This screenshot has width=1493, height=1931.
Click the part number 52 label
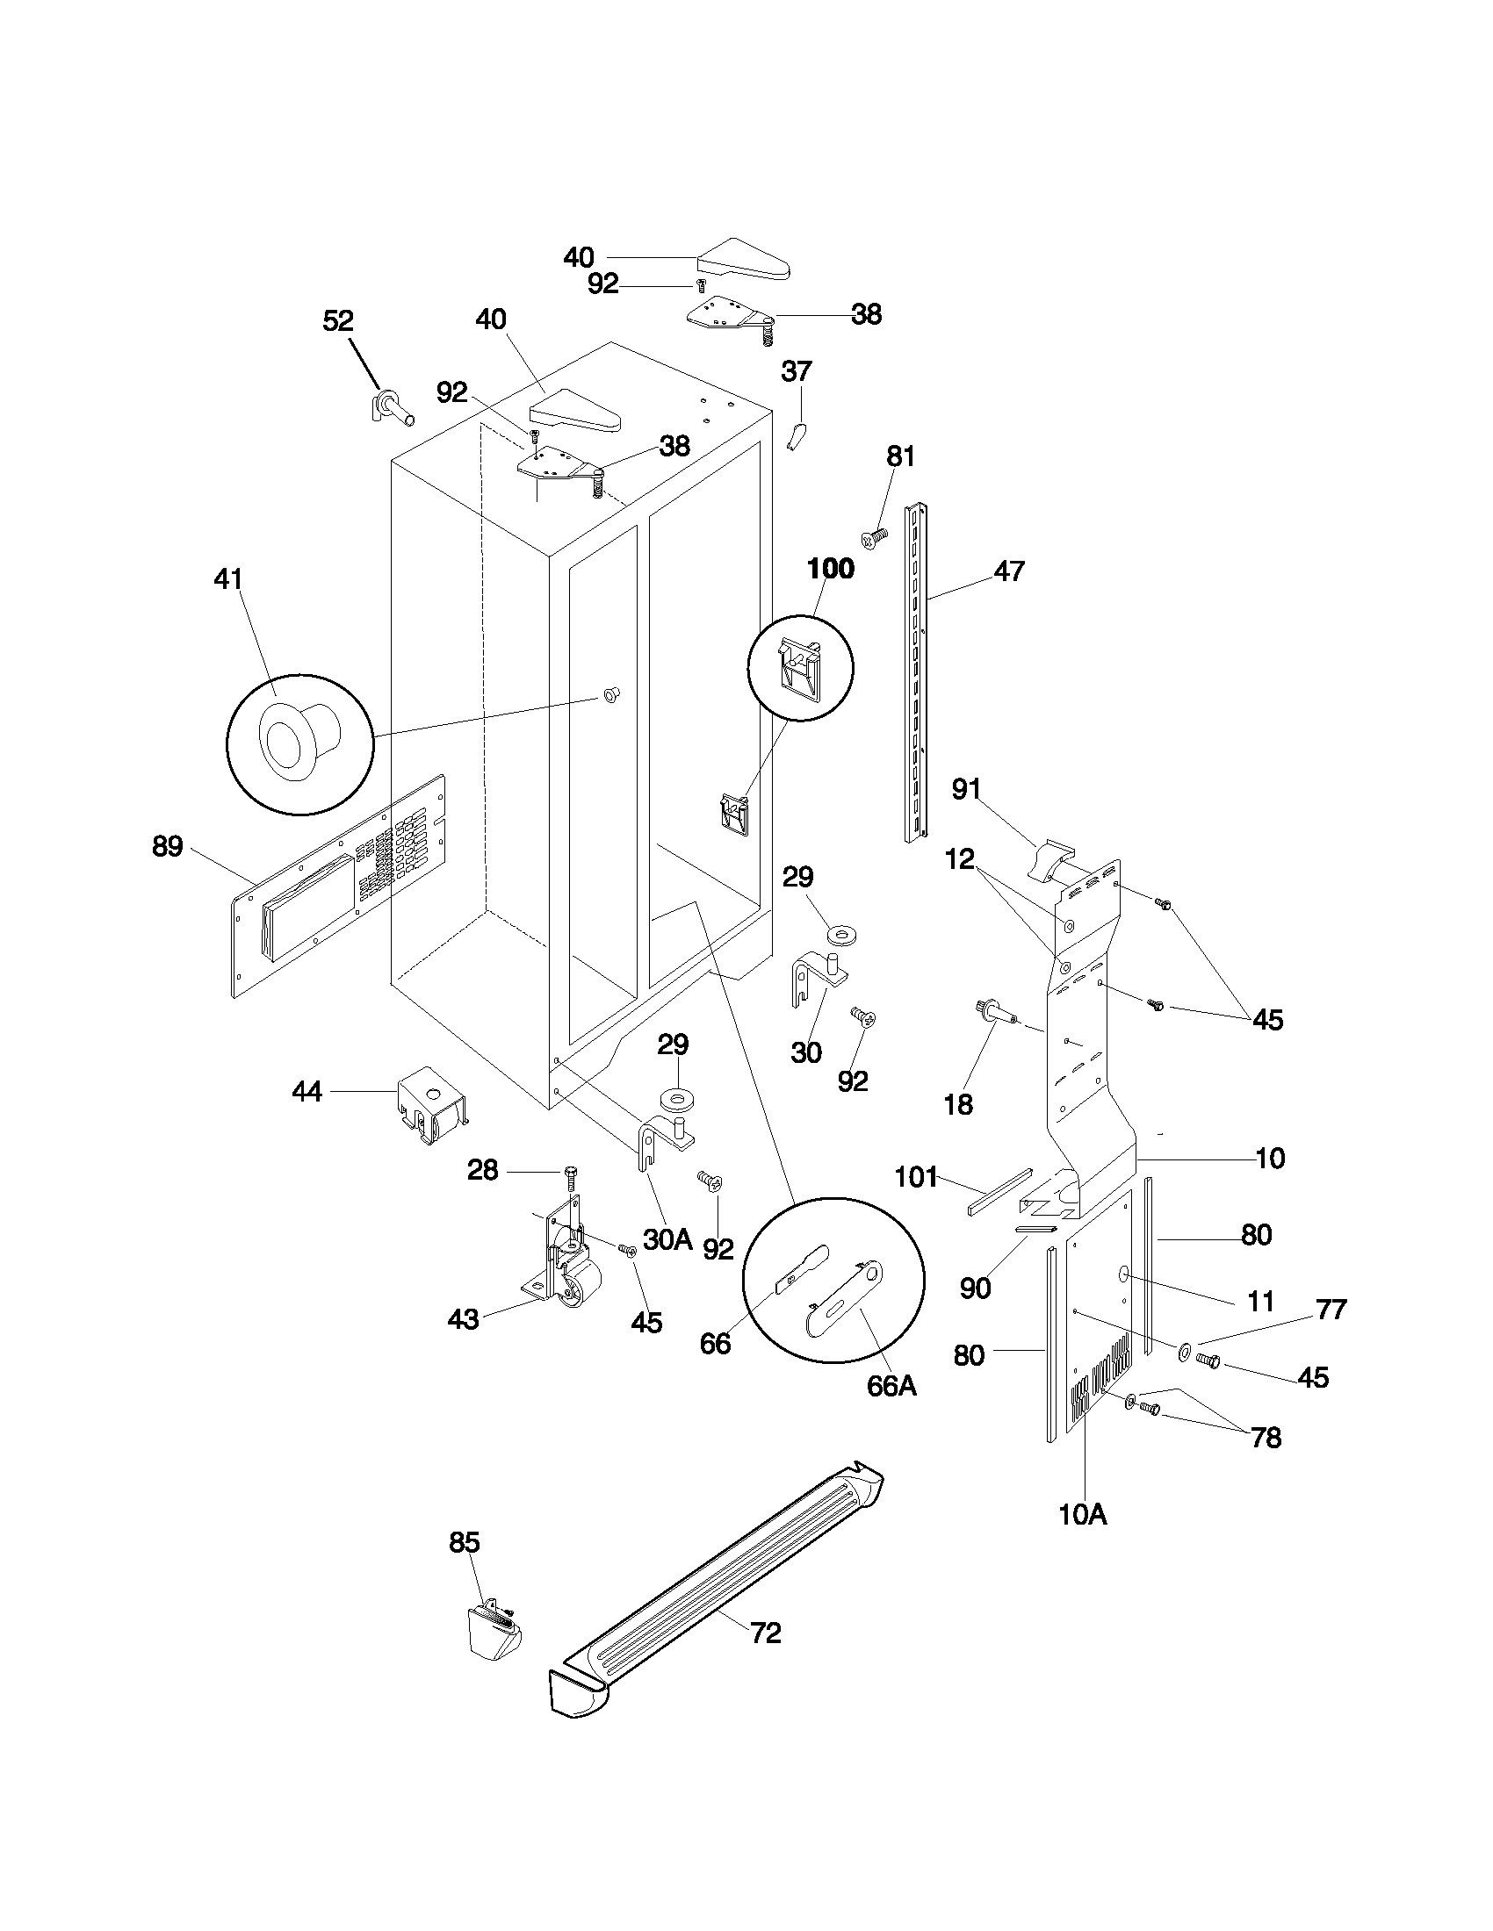338,321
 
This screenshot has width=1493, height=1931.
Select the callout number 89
167,846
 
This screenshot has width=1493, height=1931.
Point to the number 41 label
228,579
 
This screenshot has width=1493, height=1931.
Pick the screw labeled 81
875,536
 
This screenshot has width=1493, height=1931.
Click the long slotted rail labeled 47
916,672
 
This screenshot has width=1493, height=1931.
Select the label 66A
891,1386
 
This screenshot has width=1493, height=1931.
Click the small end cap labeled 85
492,1630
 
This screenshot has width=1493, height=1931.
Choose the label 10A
1083,1515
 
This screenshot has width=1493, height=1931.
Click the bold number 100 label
831,569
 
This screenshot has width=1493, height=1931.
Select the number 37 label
796,371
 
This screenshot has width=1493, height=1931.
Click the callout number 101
916,1176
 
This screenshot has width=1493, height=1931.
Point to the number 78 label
1266,1439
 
